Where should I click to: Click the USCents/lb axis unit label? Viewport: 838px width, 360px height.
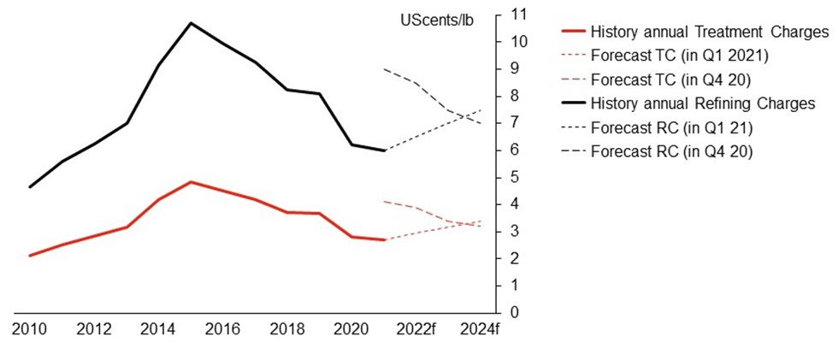pyautogui.click(x=436, y=19)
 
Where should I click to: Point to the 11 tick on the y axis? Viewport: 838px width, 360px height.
pyautogui.click(x=516, y=15)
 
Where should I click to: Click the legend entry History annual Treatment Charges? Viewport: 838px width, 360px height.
pyautogui.click(x=709, y=32)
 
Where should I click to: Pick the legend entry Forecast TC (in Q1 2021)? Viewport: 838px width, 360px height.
pyautogui.click(x=682, y=56)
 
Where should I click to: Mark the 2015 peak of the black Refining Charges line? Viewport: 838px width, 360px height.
pyautogui.click(x=191, y=23)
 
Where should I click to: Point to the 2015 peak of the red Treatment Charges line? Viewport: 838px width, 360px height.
pyautogui.click(x=191, y=182)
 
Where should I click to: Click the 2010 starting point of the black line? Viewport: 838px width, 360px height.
pyautogui.click(x=29, y=186)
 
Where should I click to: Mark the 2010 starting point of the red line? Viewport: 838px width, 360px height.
pyautogui.click(x=29, y=255)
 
